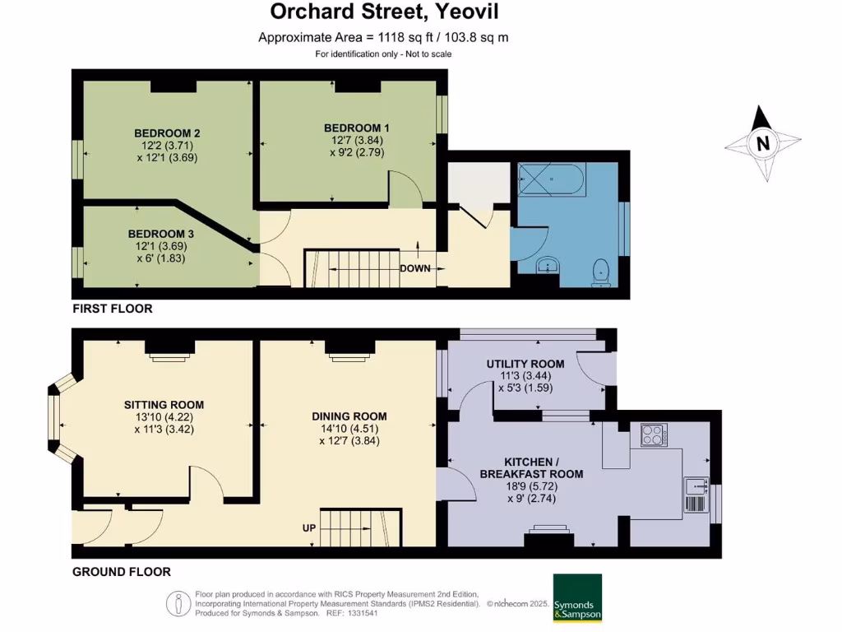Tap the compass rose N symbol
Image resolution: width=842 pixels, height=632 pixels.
763,143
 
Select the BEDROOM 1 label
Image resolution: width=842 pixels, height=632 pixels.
356,128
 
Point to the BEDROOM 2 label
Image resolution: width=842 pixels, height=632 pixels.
168,133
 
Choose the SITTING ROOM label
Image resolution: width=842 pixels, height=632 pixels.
164,405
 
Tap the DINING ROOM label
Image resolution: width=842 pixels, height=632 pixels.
349,416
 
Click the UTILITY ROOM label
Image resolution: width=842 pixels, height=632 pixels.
525,364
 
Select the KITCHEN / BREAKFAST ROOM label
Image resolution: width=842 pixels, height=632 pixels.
531,467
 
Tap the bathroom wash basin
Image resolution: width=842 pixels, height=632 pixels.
547,265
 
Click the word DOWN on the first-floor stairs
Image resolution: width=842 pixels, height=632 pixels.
415,268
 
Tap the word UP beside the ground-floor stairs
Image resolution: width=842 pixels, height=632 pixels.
309,527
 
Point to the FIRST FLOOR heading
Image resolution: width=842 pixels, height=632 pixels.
113,309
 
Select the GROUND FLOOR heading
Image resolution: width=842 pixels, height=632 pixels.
121,571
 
